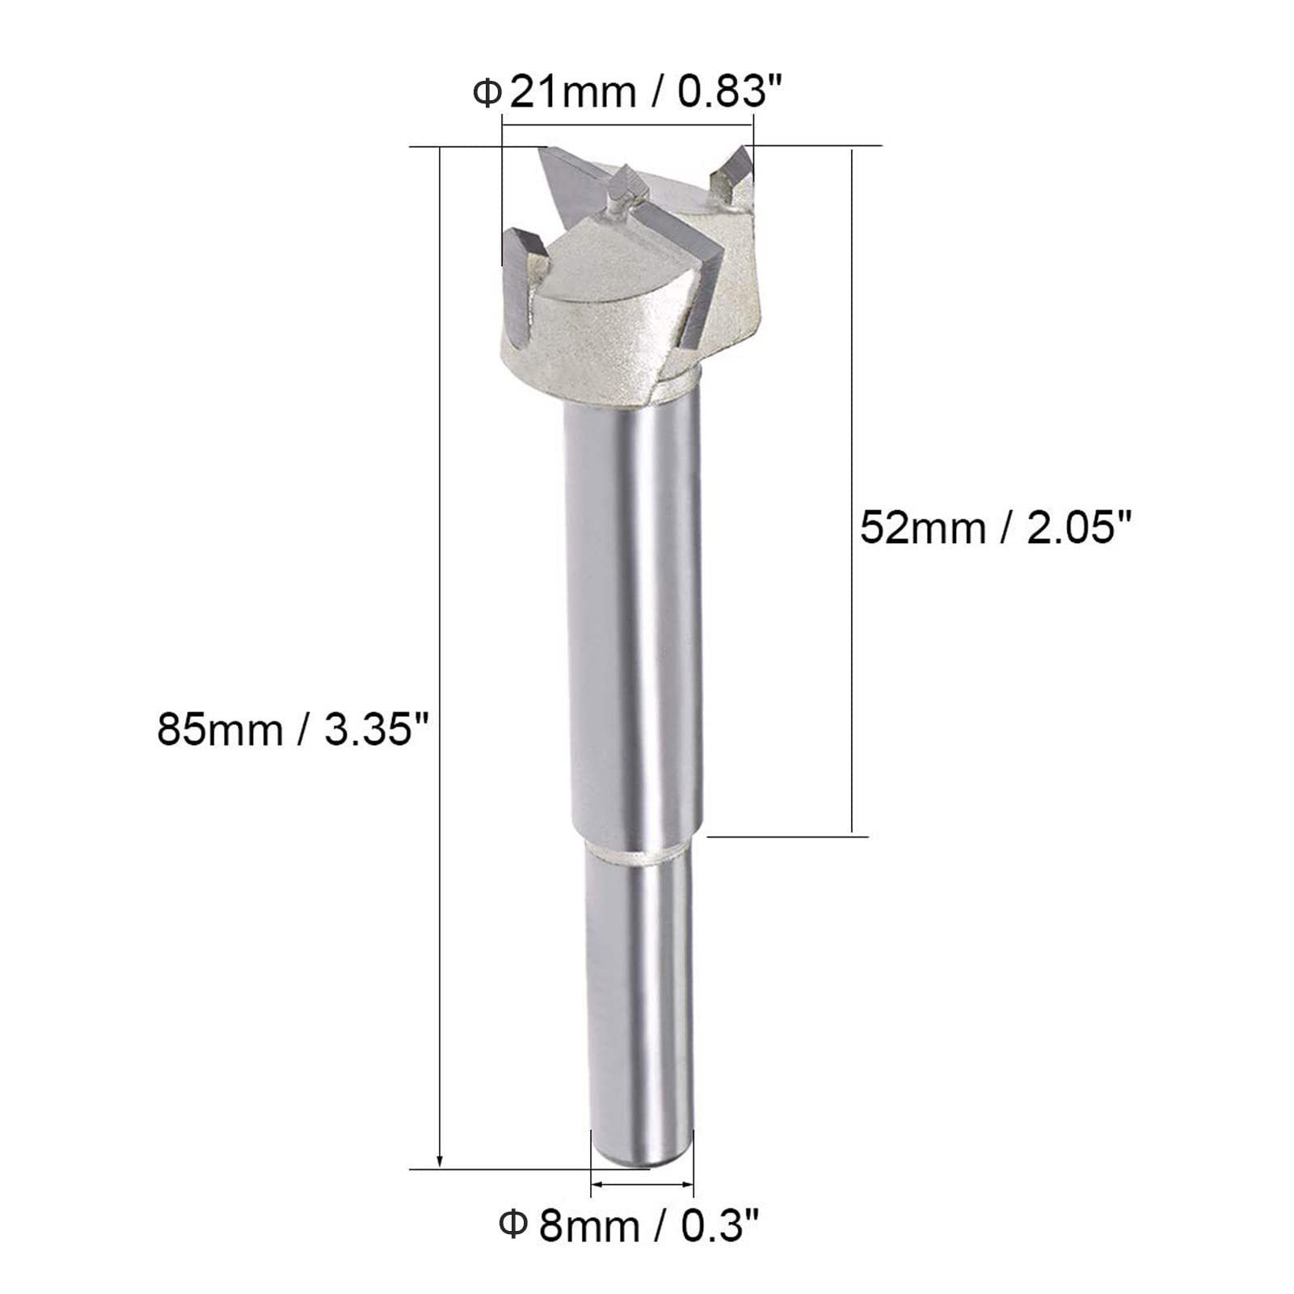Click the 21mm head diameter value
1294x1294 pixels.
(x=572, y=92)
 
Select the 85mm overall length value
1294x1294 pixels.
(x=220, y=730)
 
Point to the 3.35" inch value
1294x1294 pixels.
(x=375, y=730)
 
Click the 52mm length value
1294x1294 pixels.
(x=922, y=528)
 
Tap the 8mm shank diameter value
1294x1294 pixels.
(x=589, y=1226)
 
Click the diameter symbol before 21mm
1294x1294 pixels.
(x=487, y=93)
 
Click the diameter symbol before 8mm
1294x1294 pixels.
(x=514, y=1226)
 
